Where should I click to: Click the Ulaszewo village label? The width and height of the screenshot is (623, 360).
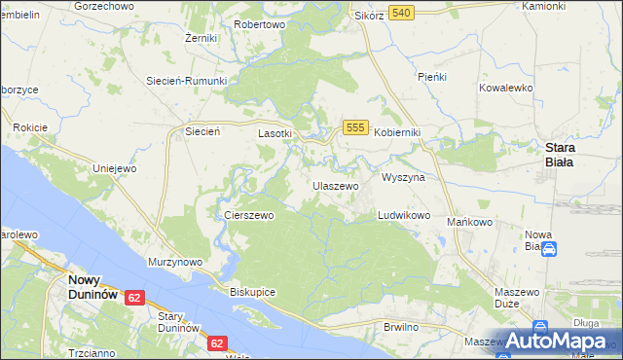point(336,185)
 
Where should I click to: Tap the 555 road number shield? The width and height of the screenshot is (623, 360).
point(354,127)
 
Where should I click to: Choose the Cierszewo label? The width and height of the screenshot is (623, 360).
point(248,215)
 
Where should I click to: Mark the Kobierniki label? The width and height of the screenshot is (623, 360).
point(397,132)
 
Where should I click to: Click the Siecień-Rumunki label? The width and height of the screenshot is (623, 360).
point(186,81)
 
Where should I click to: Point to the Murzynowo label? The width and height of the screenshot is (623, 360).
point(174,262)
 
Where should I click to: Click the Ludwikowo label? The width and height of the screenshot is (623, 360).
point(404,215)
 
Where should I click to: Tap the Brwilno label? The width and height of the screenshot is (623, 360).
point(400,326)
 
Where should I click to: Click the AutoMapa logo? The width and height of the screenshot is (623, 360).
point(557,342)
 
